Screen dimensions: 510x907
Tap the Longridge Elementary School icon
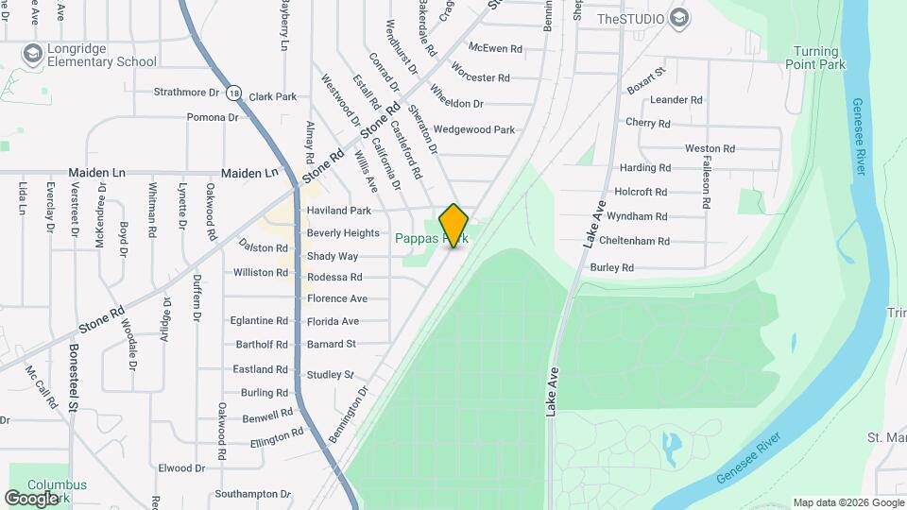(x=33, y=54)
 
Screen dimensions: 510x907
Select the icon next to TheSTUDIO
(x=678, y=18)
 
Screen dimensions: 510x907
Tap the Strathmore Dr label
(x=186, y=93)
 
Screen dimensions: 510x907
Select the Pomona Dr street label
(x=213, y=117)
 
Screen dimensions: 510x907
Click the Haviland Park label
(x=339, y=211)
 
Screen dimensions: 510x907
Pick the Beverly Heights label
(x=343, y=233)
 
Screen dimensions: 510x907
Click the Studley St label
(x=330, y=375)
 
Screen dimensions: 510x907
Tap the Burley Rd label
(x=611, y=268)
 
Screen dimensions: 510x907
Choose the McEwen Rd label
(x=495, y=48)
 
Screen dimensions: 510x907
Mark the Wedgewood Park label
(x=473, y=129)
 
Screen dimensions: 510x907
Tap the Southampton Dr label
(x=252, y=494)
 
